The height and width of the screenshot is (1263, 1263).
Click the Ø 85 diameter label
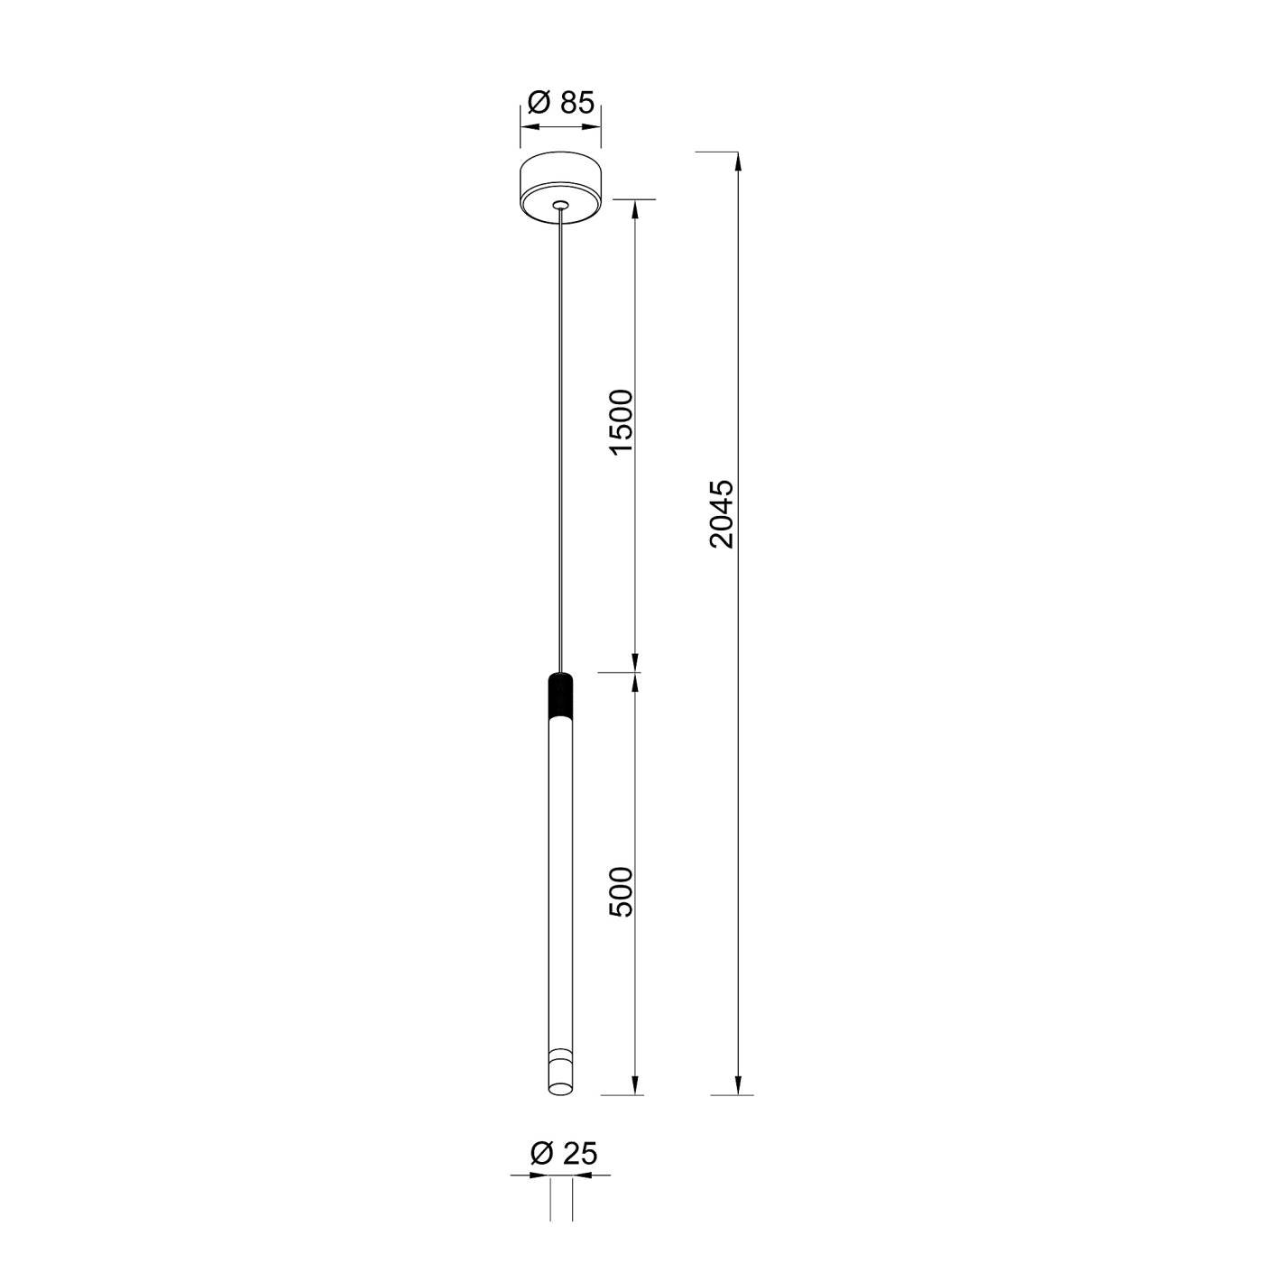pos(561,103)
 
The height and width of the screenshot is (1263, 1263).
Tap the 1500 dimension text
pos(622,420)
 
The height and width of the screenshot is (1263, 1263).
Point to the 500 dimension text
pos(622,892)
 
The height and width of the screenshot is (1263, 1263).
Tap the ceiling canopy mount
pos(561,190)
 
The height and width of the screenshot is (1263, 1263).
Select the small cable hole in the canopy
pos(560,205)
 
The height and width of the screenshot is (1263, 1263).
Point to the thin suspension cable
pos(560,440)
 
